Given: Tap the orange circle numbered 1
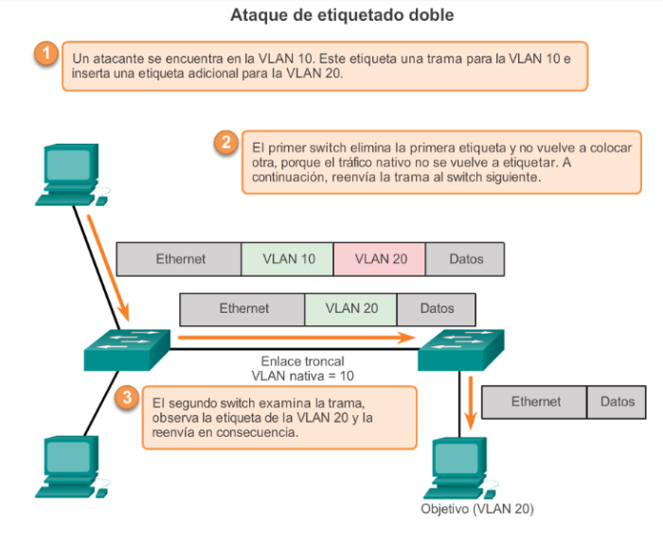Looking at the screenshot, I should (45, 53).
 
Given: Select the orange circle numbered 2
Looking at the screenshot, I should (224, 144).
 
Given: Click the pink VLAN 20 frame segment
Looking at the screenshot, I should (379, 258).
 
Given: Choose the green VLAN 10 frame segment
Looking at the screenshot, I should (287, 258).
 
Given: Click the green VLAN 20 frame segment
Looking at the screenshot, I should (350, 308).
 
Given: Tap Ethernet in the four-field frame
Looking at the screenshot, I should (179, 258).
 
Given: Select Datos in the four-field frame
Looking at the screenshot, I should (465, 258).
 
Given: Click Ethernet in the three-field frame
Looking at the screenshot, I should (242, 308).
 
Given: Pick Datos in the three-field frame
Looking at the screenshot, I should (436, 308).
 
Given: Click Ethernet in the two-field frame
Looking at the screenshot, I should (535, 402).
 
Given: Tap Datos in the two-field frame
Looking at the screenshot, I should (618, 402).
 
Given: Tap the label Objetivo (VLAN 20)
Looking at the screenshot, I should (476, 509).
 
